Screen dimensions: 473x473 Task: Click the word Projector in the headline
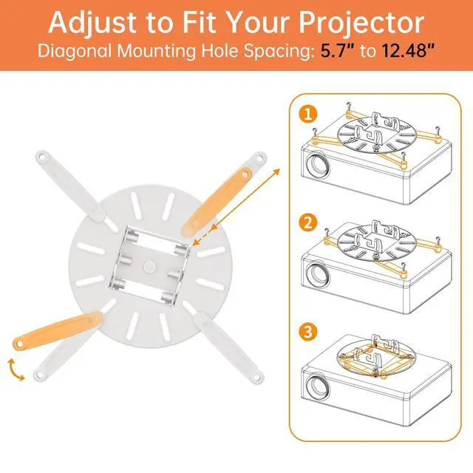[x=361, y=24]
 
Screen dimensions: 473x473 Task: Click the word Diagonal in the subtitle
[x=75, y=51]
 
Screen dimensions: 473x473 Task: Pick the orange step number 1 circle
[x=308, y=115]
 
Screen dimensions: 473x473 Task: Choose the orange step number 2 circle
[x=308, y=222]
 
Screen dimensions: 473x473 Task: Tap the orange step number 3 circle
[x=308, y=332]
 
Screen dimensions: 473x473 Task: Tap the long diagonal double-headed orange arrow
[x=236, y=208]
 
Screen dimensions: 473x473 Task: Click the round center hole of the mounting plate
[x=149, y=266]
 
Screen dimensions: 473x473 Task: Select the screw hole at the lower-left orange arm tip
[x=19, y=343]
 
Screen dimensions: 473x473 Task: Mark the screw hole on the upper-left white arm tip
[x=41, y=157]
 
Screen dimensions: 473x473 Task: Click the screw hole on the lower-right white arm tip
[x=257, y=377]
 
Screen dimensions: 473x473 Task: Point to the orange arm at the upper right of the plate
[x=217, y=202]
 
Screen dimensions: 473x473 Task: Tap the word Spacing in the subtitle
[x=277, y=51]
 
